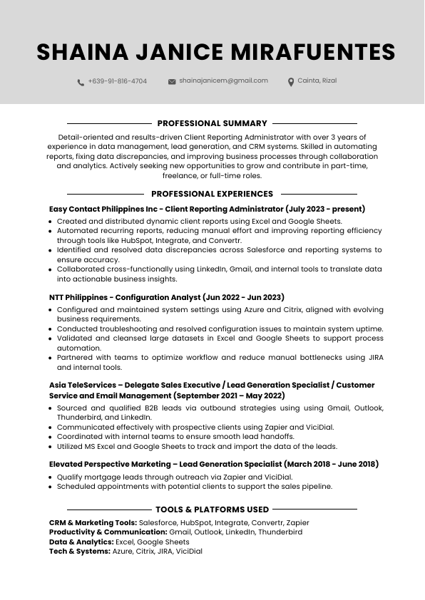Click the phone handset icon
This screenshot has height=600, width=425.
(x=81, y=82)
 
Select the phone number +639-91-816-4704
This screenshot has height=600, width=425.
(x=118, y=81)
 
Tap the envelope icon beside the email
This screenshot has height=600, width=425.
(x=172, y=82)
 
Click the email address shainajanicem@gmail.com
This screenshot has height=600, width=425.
(x=223, y=81)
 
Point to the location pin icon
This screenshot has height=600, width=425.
(x=291, y=82)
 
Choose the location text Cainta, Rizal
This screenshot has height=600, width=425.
(x=317, y=81)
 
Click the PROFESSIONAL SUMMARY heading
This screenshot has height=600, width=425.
(x=212, y=123)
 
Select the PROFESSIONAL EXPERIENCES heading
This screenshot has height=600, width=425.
(x=212, y=194)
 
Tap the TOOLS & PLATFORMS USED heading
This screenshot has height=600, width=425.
(x=212, y=510)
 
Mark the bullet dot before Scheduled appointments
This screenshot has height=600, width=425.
(x=51, y=487)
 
